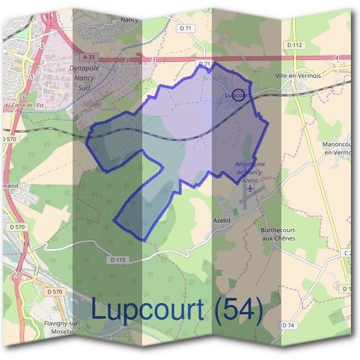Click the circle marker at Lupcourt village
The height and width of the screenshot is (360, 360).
click(x=239, y=95)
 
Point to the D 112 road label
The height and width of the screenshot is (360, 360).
click(x=295, y=44)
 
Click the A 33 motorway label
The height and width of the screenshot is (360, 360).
click(x=89, y=57)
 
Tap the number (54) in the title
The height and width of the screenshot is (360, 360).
click(x=238, y=310)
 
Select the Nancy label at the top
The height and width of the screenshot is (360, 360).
click(x=130, y=19)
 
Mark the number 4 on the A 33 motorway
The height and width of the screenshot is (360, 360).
click(x=338, y=58)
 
